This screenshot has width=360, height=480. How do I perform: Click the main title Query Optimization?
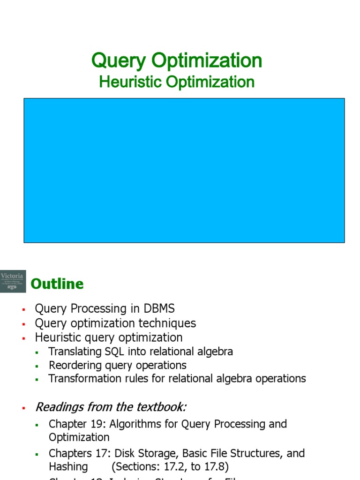pos(177,60)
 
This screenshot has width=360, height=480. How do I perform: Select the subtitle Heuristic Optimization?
pos(177,82)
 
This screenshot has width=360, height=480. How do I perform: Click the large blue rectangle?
pos(184,170)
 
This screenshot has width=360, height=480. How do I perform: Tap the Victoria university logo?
pos(13,281)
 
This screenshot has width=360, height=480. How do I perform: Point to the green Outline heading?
pos(57,284)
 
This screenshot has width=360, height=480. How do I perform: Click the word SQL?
pos(108,352)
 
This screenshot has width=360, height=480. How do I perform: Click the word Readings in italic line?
pos(58,407)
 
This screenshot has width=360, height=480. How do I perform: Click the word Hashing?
pos(68,467)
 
